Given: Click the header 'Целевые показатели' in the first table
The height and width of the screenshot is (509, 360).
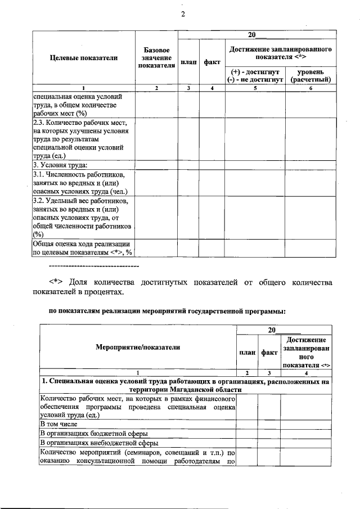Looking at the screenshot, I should [84, 58].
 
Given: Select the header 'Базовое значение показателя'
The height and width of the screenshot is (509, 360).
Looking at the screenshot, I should [156, 58].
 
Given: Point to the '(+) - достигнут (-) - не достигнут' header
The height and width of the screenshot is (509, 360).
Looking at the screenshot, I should [255, 76].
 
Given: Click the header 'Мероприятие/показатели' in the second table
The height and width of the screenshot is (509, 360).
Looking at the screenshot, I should [138, 347].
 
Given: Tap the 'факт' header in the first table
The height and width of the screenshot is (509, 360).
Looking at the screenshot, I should [212, 62].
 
